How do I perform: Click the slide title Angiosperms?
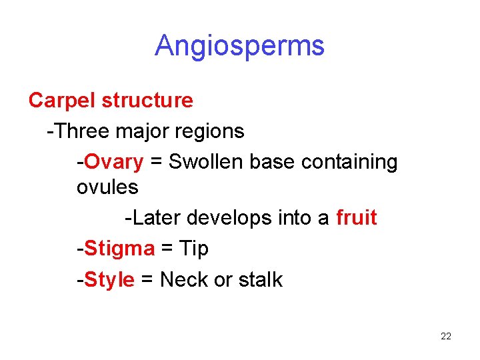click(x=239, y=46)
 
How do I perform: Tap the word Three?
click(x=83, y=131)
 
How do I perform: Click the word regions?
click(x=210, y=131)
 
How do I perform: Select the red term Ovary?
click(x=113, y=162)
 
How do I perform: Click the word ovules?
click(x=107, y=187)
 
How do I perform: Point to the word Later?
click(x=156, y=218)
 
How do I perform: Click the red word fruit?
click(x=357, y=218)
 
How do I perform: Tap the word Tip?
click(x=194, y=249)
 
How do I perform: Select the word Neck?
click(x=184, y=279)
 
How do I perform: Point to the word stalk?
click(x=260, y=279)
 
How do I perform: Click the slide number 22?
click(x=446, y=336)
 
